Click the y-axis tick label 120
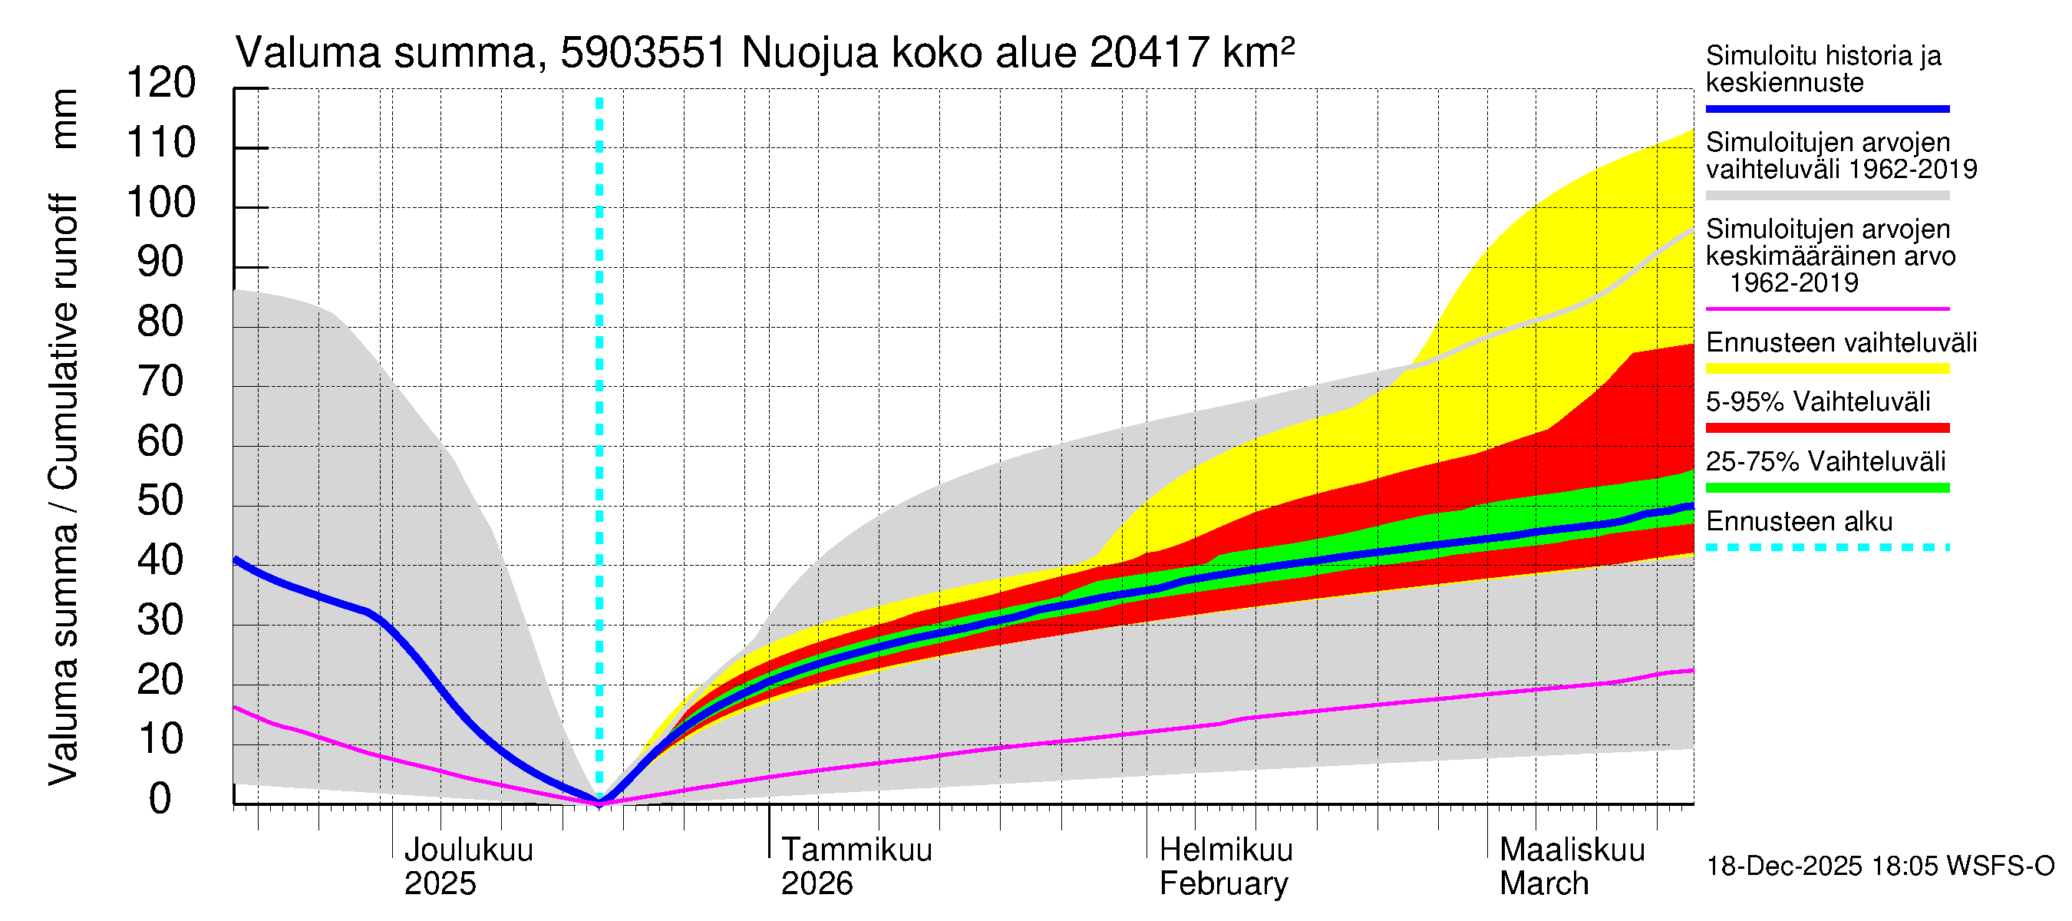(161, 83)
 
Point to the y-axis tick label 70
(161, 381)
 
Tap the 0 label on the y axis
(160, 799)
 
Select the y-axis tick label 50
(161, 500)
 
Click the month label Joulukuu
(468, 850)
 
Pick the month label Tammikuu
(856, 850)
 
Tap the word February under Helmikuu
(1222, 883)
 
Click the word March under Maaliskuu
(1543, 883)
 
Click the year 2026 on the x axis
(817, 883)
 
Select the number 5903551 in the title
(644, 53)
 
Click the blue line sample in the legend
(1826, 108)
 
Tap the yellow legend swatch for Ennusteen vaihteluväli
(1826, 368)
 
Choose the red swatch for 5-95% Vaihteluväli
(1826, 428)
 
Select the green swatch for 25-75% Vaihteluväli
(1826, 487)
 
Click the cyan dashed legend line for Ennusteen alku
(1826, 547)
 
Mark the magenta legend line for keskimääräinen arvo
(1826, 309)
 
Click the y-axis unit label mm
(64, 118)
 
